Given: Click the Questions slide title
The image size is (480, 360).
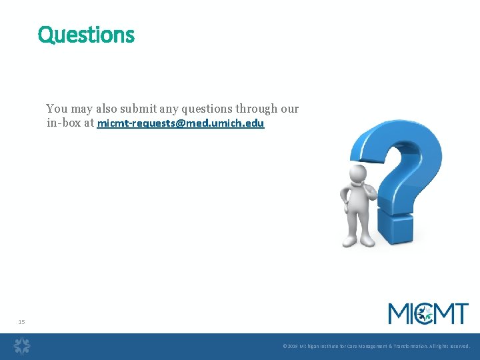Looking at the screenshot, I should [86, 34].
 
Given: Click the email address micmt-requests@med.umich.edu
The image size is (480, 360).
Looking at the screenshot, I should [181, 123].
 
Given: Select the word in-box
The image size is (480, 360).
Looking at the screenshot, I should [64, 123].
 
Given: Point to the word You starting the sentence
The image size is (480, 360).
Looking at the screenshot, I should [57, 109].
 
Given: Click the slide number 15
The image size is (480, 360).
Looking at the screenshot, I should [21, 322].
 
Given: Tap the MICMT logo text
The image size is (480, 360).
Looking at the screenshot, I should [428, 313].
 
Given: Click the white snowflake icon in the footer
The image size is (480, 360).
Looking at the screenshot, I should [23, 345].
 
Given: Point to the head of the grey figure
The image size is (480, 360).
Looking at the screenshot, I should [359, 175].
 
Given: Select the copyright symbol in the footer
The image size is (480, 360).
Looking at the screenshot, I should [285, 347].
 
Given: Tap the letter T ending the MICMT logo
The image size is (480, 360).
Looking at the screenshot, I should [460, 313].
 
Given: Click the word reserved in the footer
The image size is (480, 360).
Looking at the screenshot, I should [459, 347].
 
